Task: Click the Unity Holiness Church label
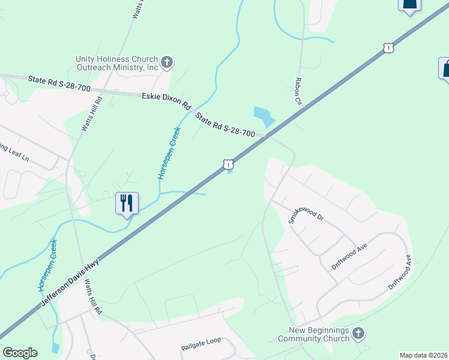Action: coord(116,63)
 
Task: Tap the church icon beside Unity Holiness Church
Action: coord(167,61)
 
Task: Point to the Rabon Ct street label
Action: coord(297,91)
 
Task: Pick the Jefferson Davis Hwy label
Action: coord(71,283)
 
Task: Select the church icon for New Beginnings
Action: coord(358,332)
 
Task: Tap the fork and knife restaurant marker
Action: coord(127,203)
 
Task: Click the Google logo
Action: coord(20,353)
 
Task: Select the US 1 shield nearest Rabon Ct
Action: coord(389,47)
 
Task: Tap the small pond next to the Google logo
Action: coord(56,347)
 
